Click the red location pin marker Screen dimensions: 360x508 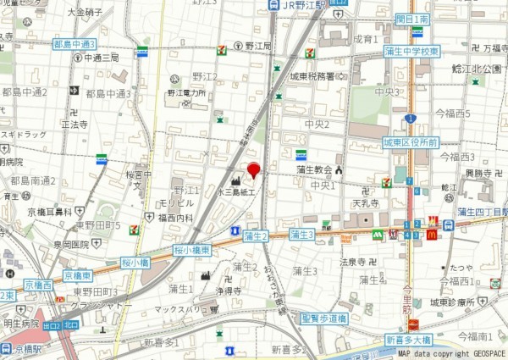click(x=253, y=170)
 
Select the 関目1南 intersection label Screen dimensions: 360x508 click(x=412, y=19)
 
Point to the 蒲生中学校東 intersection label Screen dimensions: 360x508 click(x=411, y=51)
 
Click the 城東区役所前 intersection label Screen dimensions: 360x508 click(x=410, y=142)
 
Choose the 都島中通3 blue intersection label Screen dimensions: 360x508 click(x=75, y=43)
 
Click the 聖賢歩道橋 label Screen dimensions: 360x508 click(x=324, y=318)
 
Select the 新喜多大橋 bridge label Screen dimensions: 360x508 click(x=407, y=339)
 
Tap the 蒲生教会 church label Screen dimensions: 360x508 click(x=315, y=169)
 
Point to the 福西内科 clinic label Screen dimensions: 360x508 click(x=175, y=218)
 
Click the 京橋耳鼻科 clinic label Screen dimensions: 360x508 click(x=49, y=212)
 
